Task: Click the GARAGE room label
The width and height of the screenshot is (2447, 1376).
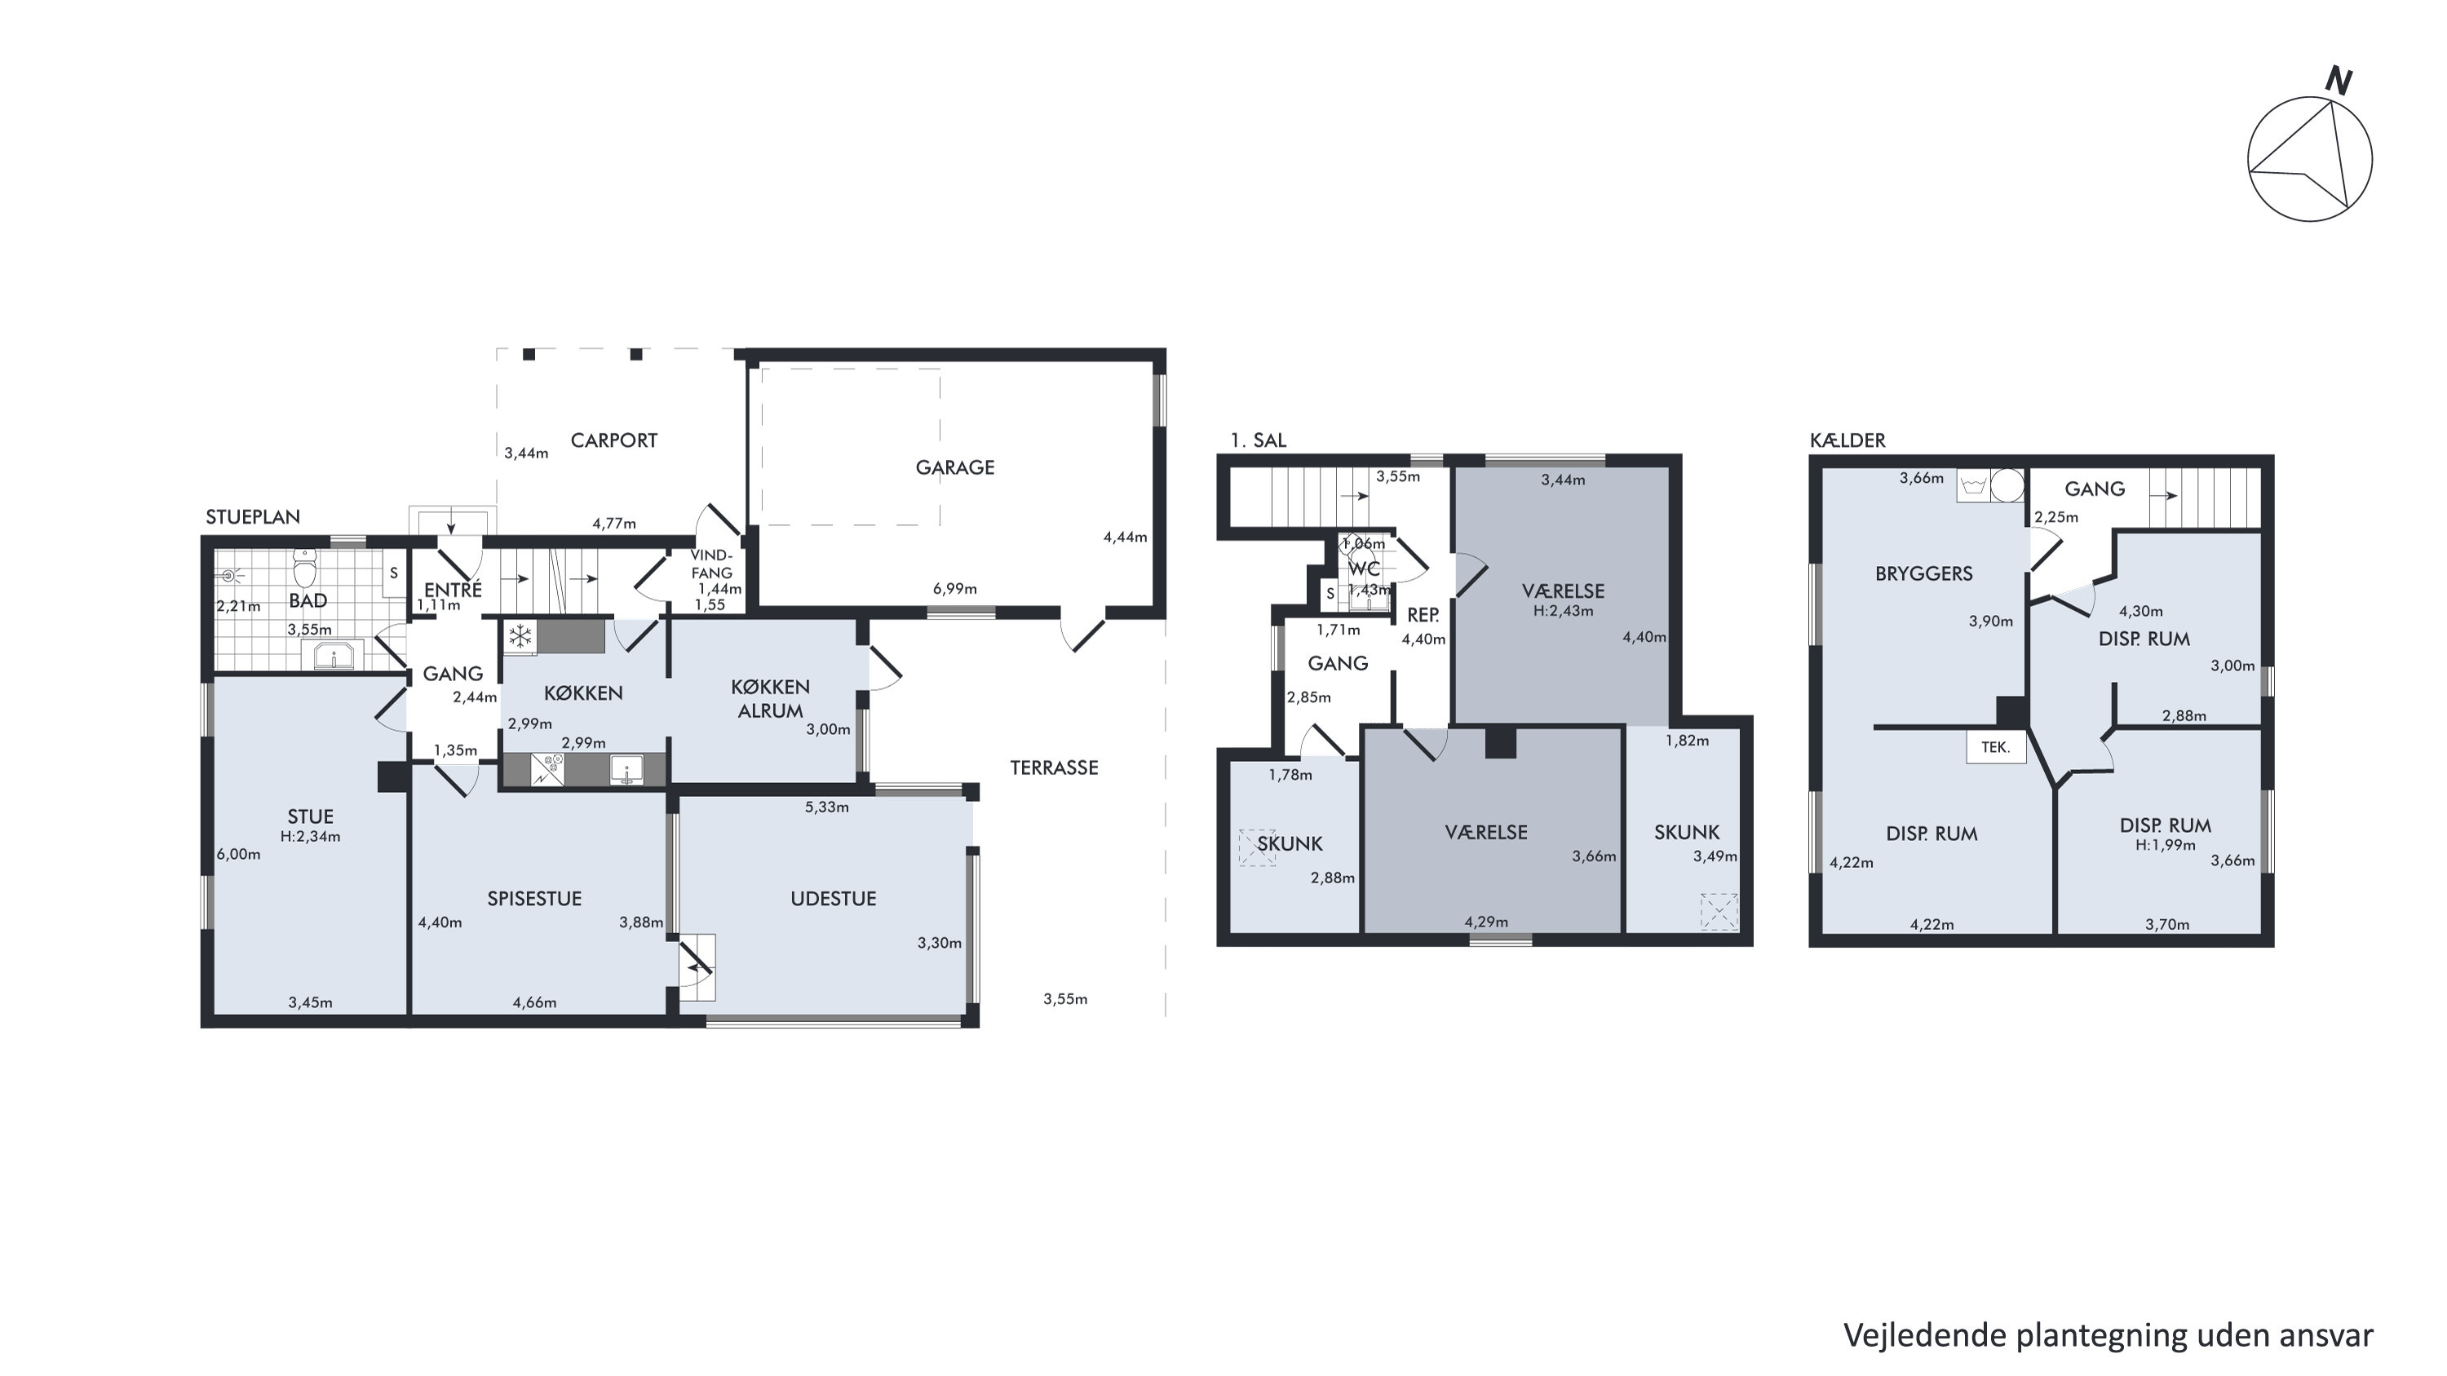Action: tap(954, 467)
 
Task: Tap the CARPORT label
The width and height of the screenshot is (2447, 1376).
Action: tap(613, 440)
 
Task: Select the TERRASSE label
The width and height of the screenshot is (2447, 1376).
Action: tap(1054, 768)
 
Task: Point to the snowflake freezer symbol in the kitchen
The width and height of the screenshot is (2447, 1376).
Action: tap(520, 636)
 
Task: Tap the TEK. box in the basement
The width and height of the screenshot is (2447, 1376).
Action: tap(1995, 747)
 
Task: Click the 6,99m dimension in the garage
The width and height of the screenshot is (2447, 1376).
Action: tap(954, 589)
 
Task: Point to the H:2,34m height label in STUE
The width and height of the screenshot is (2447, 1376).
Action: tap(310, 837)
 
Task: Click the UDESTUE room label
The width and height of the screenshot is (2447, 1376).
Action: tap(833, 898)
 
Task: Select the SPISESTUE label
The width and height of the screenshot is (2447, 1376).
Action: tap(534, 898)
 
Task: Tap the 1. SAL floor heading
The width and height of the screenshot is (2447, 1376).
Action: tap(1258, 440)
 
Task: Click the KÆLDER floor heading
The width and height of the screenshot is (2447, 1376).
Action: tap(1847, 440)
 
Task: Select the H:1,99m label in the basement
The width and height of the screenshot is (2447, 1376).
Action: tap(2165, 845)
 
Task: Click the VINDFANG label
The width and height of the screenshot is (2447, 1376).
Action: tap(711, 564)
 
